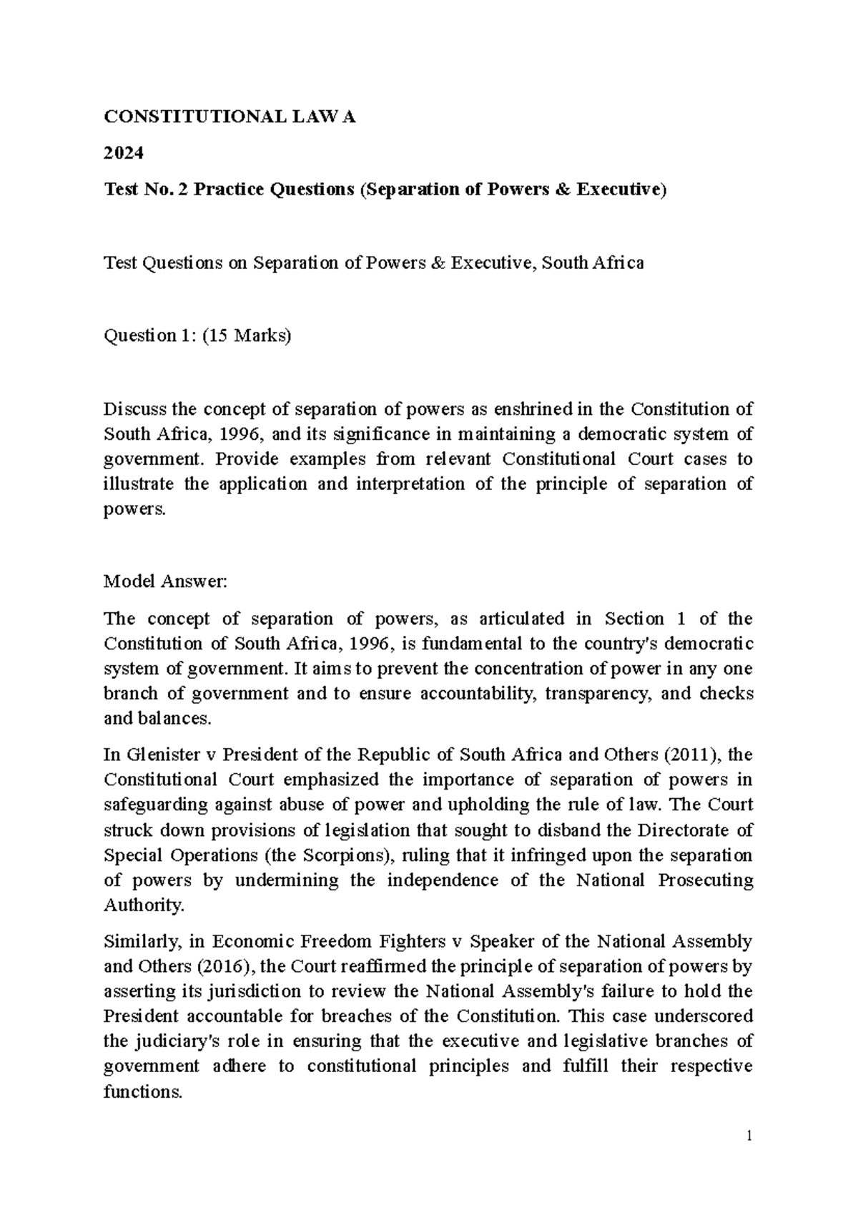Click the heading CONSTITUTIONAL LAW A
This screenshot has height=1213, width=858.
(230, 117)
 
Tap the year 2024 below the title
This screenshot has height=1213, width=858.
(124, 153)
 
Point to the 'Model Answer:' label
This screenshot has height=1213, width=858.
(164, 581)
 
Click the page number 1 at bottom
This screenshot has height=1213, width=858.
(749, 1136)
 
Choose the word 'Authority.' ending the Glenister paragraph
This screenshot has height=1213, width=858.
(144, 905)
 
